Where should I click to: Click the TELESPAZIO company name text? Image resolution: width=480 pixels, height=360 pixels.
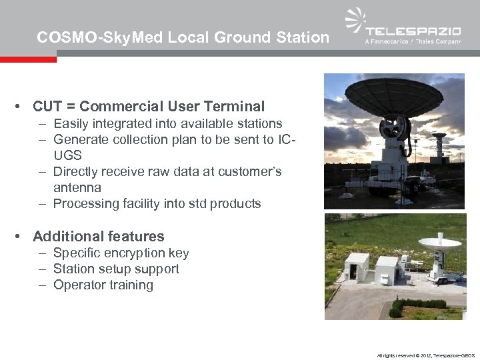coord(413,31)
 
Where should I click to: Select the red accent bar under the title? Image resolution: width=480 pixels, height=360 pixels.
coord(28,59)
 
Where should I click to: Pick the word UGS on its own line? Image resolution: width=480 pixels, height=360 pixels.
coord(67,155)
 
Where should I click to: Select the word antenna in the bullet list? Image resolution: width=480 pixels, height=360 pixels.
coord(77,187)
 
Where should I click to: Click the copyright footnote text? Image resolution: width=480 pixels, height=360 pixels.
coord(425,355)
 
